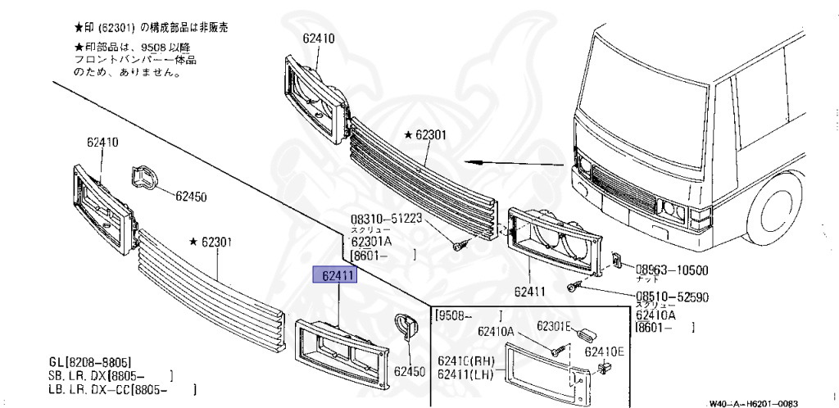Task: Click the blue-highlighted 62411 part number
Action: click(336, 276)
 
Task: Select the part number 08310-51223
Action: click(385, 219)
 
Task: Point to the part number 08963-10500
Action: click(673, 270)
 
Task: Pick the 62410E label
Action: click(605, 351)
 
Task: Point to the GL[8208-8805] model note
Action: click(90, 361)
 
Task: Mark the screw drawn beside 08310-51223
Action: click(458, 243)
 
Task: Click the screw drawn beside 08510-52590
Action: click(575, 287)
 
